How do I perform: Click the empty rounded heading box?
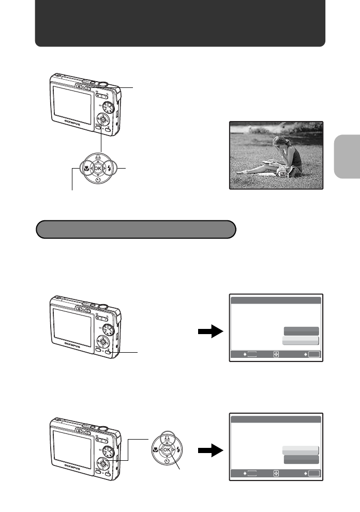click(136, 229)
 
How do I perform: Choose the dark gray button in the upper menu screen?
click(301, 331)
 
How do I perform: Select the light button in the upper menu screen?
click(301, 341)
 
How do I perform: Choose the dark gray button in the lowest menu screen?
click(301, 459)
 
